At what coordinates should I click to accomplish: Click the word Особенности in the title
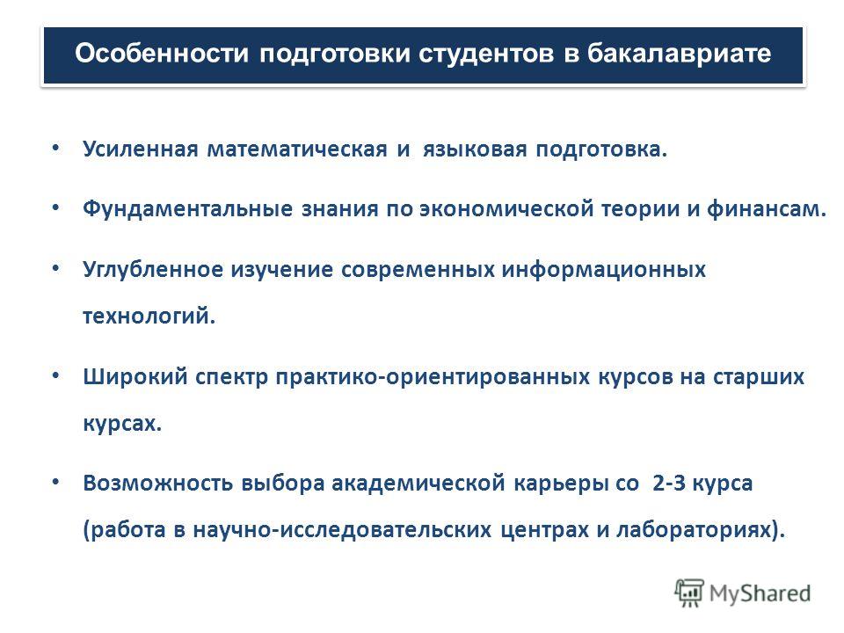pos(162,54)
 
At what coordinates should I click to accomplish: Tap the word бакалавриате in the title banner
pos(680,55)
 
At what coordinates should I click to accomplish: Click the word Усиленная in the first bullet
pos(141,149)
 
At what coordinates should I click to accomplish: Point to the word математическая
pos(297,149)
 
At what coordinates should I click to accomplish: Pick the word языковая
pos(475,149)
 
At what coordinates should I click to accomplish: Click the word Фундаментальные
pos(188,209)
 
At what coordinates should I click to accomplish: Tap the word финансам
pos(767,209)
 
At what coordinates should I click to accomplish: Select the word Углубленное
pos(153,270)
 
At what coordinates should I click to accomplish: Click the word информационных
pos(604,270)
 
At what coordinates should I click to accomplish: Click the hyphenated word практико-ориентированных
pos(433,377)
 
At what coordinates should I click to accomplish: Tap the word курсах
pos(122,424)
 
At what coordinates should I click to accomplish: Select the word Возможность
pos(157,484)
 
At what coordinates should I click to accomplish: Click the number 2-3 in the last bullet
pos(668,483)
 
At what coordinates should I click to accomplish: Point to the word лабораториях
pos(701,530)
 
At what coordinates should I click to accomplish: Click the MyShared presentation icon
pos(689,593)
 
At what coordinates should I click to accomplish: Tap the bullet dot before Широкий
pos(56,375)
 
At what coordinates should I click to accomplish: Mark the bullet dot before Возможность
pos(56,482)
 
